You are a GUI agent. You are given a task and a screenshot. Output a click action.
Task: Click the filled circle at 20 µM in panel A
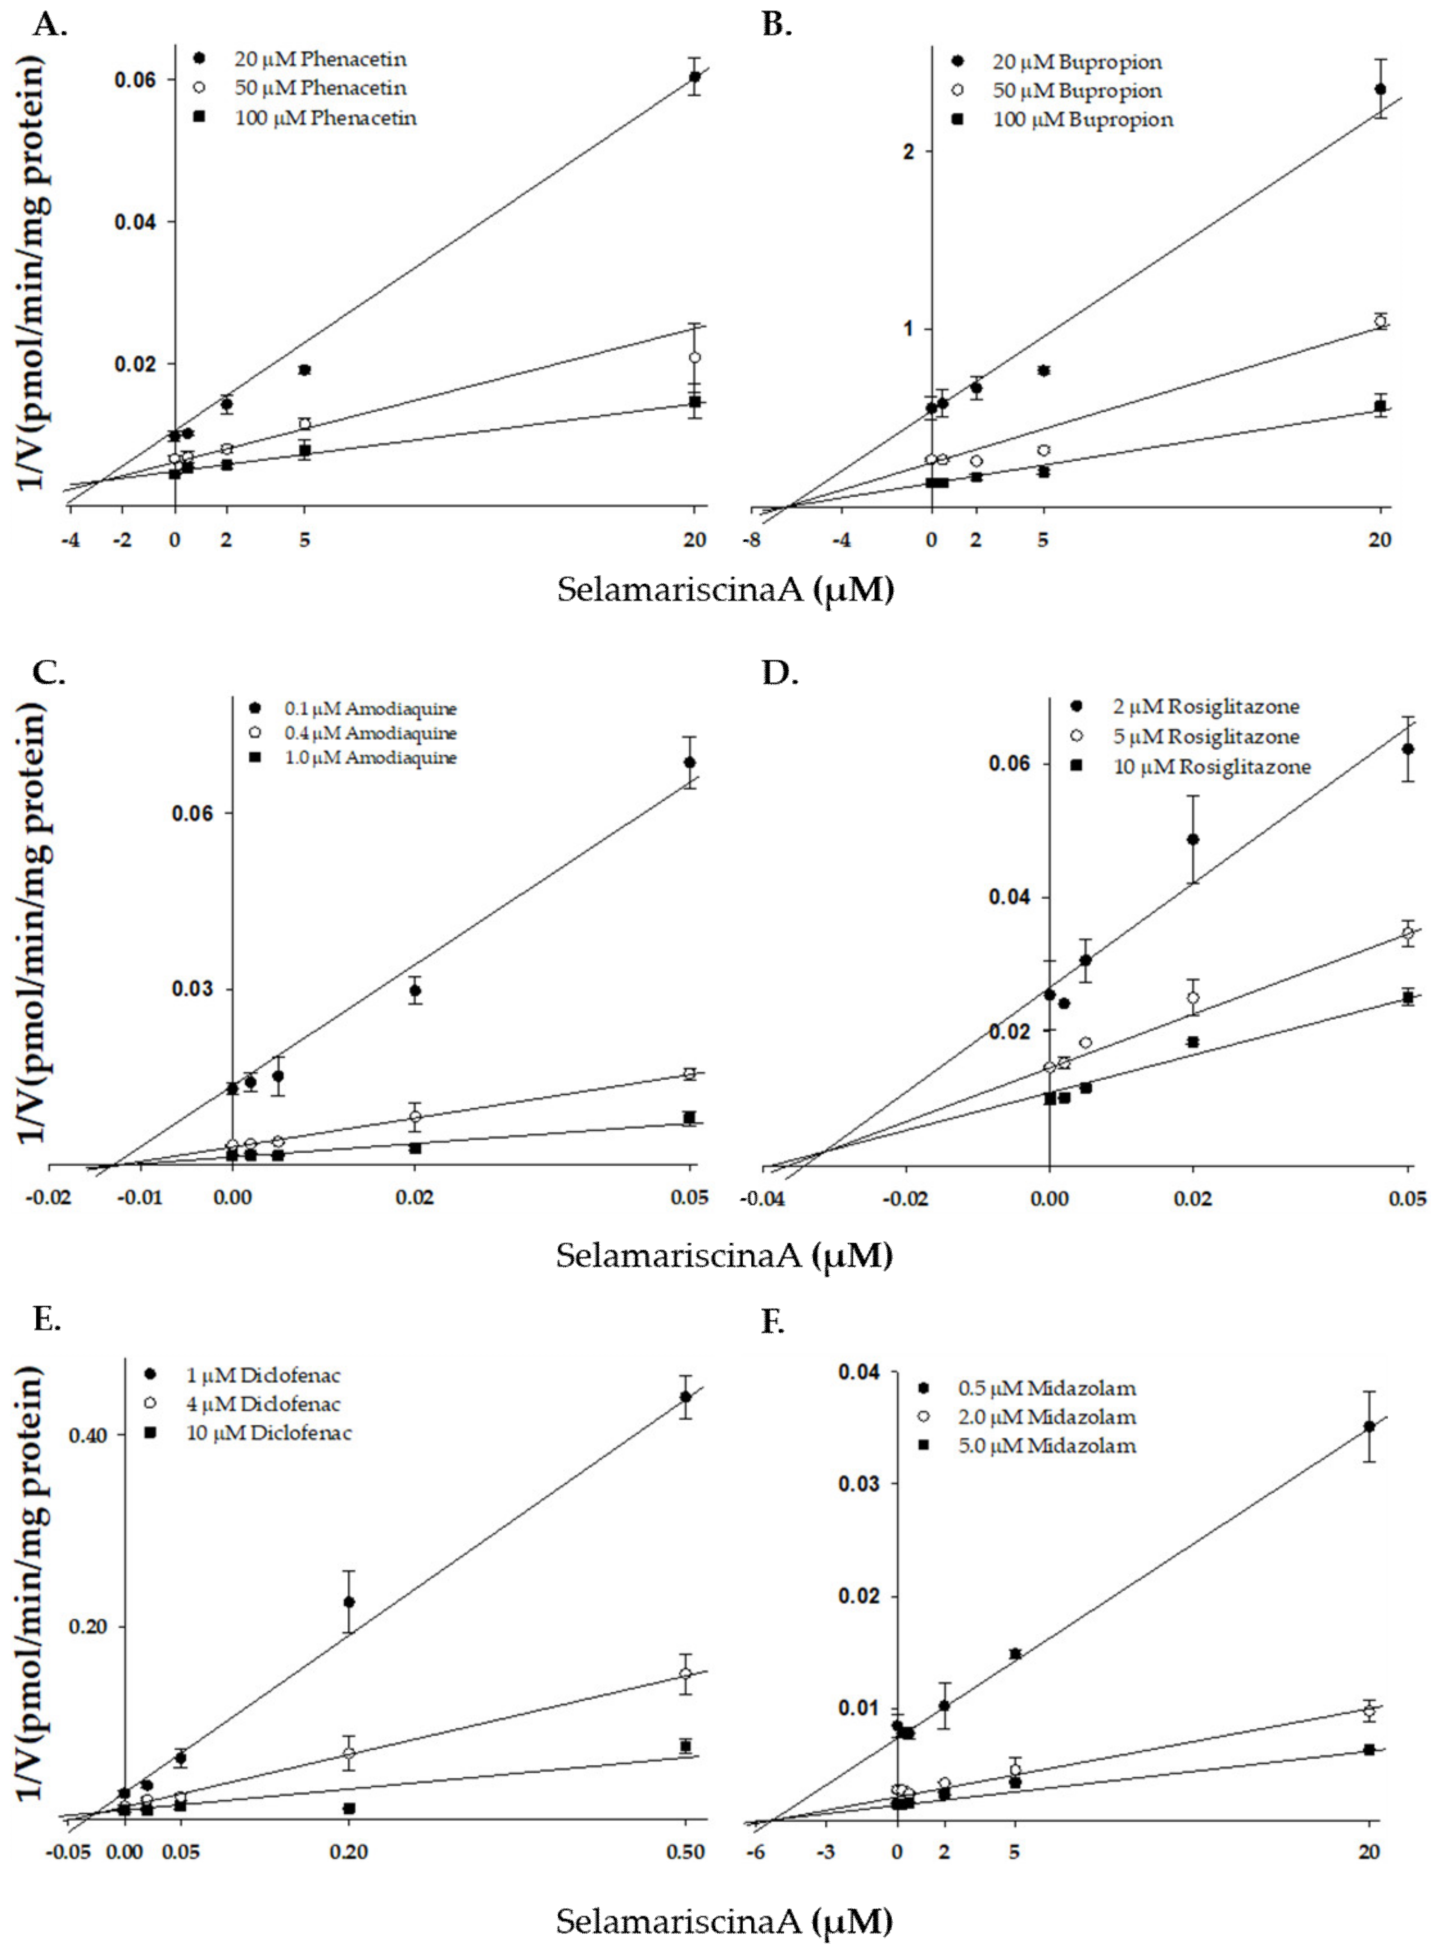click(x=695, y=77)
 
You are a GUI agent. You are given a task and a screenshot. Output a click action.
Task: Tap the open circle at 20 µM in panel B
click(x=1380, y=321)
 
